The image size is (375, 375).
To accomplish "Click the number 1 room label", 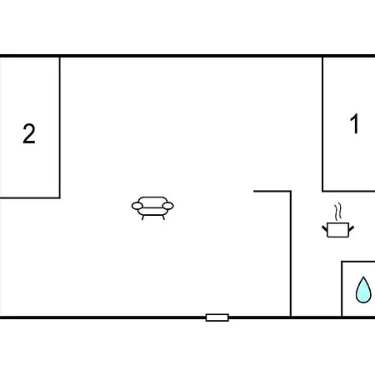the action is (x=355, y=123).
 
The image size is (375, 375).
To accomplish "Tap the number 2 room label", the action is (x=29, y=133).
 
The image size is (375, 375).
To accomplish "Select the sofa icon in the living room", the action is (x=152, y=208).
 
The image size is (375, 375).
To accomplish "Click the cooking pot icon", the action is (x=337, y=230).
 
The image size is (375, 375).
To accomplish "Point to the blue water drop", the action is (x=363, y=290).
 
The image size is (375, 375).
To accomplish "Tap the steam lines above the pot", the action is (x=337, y=212).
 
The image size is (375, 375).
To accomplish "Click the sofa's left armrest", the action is (x=137, y=206).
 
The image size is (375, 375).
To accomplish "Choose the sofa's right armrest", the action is (x=167, y=206).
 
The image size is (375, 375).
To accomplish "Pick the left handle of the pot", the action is (x=325, y=229).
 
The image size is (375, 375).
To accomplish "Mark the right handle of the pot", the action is (x=351, y=229).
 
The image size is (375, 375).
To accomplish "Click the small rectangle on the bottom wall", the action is (x=217, y=317).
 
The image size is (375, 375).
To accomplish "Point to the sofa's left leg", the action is (x=143, y=217).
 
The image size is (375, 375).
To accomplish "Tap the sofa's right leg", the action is (x=163, y=217).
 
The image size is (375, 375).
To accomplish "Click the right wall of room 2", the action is (x=60, y=127).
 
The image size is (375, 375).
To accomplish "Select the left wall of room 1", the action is (x=322, y=124).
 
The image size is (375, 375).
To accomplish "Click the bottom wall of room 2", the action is (x=30, y=197).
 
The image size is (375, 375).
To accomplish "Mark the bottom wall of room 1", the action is (x=348, y=191).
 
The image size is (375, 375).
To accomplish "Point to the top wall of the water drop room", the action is (x=358, y=262).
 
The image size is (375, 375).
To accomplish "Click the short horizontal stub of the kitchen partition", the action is (x=272, y=191).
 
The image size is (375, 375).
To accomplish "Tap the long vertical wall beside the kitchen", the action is (x=291, y=253).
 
